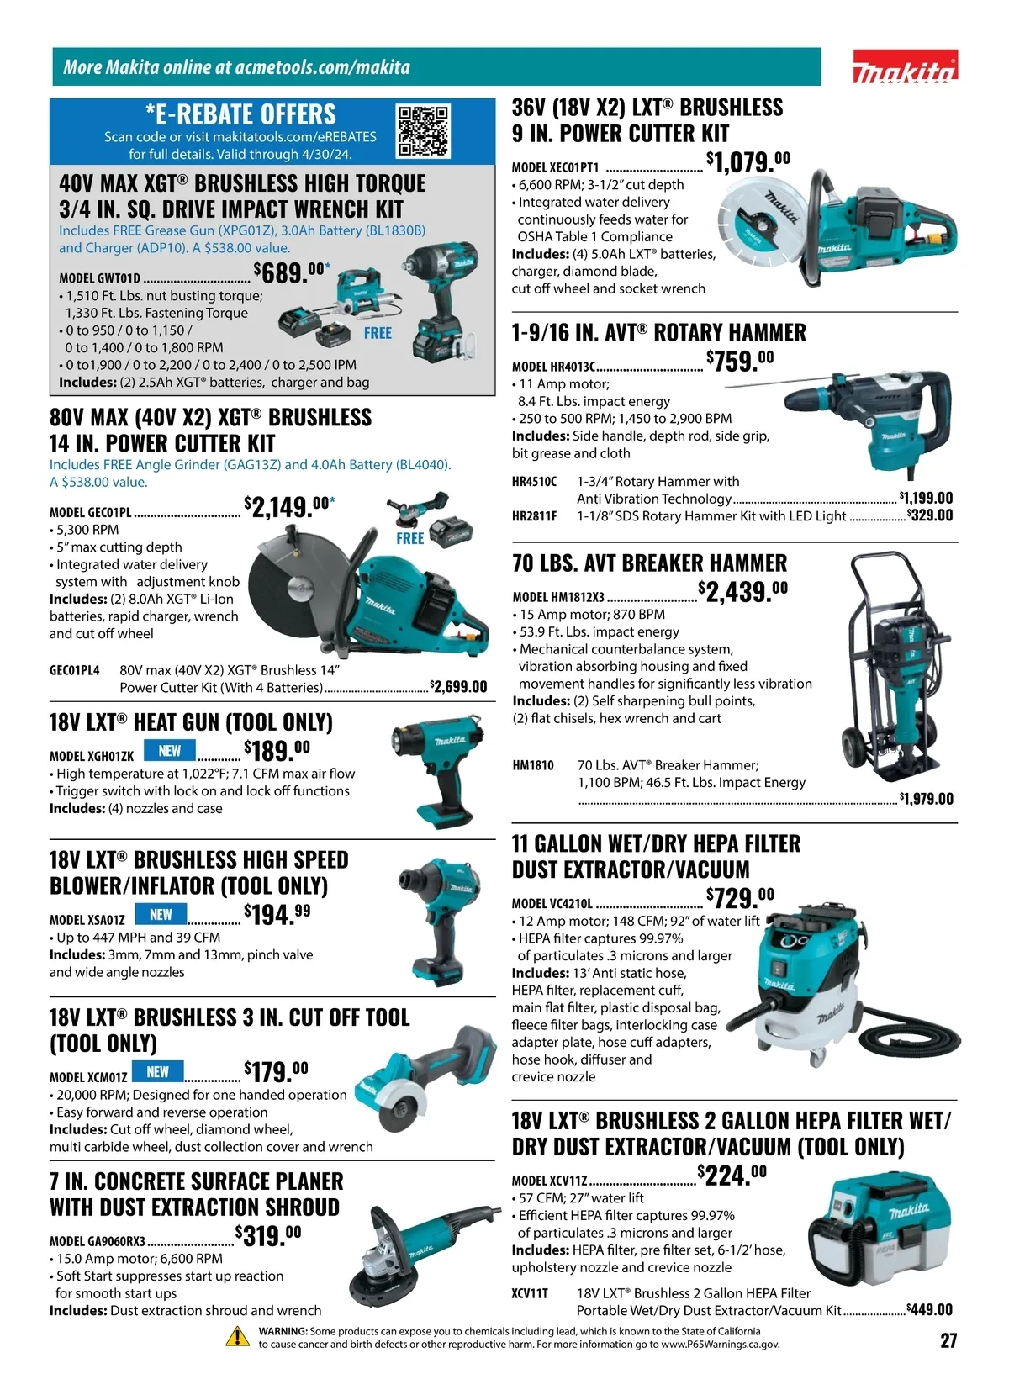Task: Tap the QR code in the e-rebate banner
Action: coord(424,131)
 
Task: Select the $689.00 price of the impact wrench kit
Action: coord(292,272)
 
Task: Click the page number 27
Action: coord(948,1340)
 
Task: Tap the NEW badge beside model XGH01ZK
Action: coord(169,750)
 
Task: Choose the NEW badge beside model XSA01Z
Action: coord(161,914)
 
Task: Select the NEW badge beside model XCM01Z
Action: coord(157,1072)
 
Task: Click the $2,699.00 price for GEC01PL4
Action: coord(458,687)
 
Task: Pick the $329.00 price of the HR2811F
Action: coord(930,515)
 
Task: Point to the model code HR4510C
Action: coord(535,482)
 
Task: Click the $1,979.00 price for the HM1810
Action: coord(926,798)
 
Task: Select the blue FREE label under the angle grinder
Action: coord(409,539)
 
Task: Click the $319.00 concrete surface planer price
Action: coord(268,1235)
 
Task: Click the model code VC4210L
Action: coord(552,904)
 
